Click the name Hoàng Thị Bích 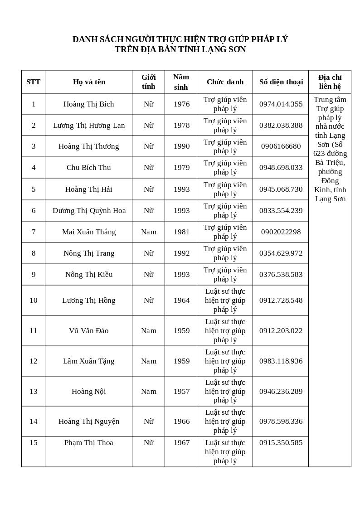tap(88, 104)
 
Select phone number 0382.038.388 tap(281, 126)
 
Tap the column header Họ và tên tap(89, 82)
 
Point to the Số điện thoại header tap(281, 82)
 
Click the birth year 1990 tap(181, 146)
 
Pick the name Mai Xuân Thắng tap(89, 232)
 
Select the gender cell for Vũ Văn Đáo tap(148, 331)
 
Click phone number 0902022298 tap(281, 232)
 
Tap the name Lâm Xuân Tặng tap(88, 361)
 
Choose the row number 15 tap(34, 443)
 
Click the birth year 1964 tap(181, 301)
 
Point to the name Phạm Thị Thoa tap(88, 443)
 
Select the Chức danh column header tap(225, 82)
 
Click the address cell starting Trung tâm tap(330, 149)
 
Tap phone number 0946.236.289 tap(281, 392)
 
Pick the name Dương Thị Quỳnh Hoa tap(89, 211)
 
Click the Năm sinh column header tap(181, 82)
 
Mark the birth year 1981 tap(181, 232)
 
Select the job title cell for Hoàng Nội tap(225, 391)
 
